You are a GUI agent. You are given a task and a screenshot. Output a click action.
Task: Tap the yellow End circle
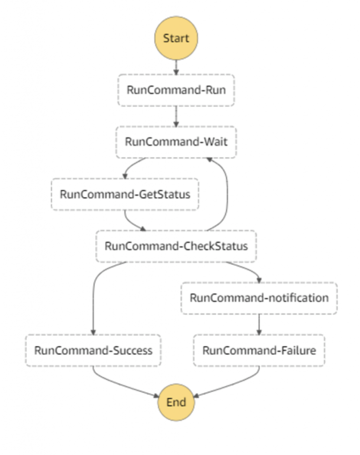[176, 403]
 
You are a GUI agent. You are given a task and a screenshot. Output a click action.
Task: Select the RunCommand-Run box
[176, 90]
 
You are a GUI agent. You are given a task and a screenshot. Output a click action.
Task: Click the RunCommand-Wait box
[176, 142]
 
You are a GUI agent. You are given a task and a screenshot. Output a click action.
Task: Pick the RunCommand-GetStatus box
[125, 194]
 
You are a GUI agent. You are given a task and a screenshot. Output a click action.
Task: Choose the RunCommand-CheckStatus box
[176, 246]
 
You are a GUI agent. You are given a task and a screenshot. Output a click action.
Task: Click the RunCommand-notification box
[259, 298]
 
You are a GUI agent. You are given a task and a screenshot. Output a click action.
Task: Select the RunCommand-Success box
[93, 350]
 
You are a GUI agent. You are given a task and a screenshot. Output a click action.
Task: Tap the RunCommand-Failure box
[259, 350]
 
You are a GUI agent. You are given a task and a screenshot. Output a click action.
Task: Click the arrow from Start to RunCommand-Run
[176, 66]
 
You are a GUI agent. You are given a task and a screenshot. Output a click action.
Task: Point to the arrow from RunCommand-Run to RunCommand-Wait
[176, 116]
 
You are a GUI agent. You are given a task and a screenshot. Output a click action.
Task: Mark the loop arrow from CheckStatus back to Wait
[227, 196]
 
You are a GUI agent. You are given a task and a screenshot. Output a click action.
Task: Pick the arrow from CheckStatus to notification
[249, 270]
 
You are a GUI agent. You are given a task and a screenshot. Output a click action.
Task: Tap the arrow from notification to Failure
[259, 324]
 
